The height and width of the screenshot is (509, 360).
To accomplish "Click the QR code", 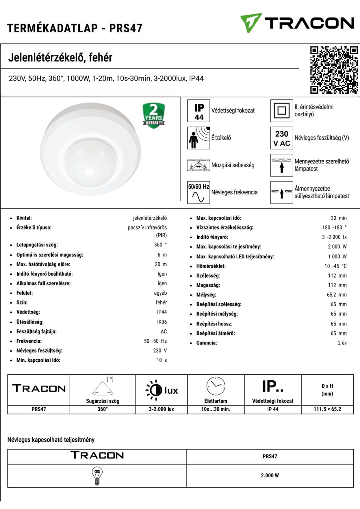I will pos(334,70).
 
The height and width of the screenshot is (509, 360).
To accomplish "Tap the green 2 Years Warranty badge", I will pos(154,115).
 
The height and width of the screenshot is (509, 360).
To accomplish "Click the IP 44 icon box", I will pos(199,111).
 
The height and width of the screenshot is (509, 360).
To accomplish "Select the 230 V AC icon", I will pos(282,138).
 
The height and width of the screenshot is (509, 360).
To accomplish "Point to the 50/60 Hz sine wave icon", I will pos(199,192).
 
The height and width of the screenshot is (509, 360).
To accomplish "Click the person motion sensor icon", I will pos(199,138).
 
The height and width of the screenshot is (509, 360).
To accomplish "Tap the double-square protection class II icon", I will pos(282,111).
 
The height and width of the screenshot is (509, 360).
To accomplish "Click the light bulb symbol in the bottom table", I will pos(97,476).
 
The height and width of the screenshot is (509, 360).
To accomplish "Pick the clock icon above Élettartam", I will pos(216,386).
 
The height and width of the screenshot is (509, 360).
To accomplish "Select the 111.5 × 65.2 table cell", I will pos(327,409).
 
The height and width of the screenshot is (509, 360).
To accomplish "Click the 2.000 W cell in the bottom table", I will pos(270,476).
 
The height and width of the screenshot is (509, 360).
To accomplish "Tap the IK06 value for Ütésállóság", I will pos(162,322).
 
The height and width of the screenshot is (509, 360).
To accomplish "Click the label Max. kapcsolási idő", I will pos(219,218).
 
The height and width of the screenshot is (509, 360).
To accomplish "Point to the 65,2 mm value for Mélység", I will pos(336,295).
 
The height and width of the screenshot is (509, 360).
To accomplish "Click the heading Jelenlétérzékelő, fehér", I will pos(60,57).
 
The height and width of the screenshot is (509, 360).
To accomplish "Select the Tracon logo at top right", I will pos(297,23).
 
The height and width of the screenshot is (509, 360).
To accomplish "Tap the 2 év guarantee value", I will pos(342,343).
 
